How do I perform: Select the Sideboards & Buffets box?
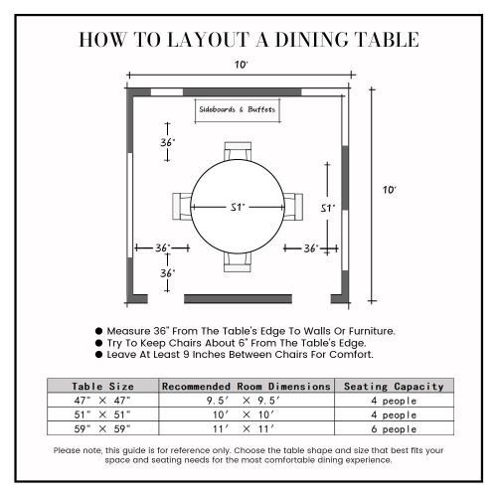tap(237, 109)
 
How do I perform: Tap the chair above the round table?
tap(238, 151)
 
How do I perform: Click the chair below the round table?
tap(238, 261)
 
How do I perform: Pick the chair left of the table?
tap(182, 207)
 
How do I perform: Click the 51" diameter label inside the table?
tap(238, 208)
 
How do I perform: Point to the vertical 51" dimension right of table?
tap(326, 209)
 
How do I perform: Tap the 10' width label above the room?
tap(242, 65)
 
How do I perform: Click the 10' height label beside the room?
tap(391, 190)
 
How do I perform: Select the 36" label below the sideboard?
tap(168, 143)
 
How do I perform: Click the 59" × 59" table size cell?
tap(101, 429)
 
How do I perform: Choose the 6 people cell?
tap(395, 429)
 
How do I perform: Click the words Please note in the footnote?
tap(77, 450)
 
